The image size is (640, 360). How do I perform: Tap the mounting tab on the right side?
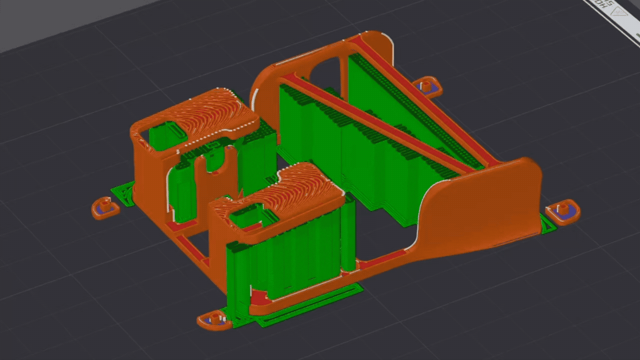click(564, 211)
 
